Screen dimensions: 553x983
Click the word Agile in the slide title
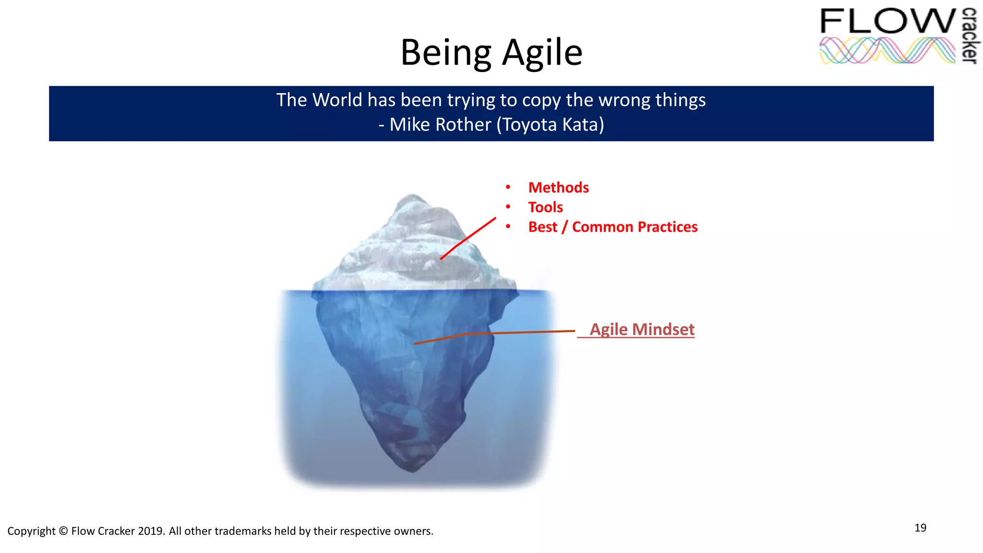(x=542, y=53)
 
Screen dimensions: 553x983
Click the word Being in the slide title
(x=446, y=53)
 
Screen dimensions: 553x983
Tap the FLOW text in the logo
(x=888, y=22)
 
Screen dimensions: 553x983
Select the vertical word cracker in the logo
(x=970, y=36)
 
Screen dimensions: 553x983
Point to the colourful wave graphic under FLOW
(x=887, y=51)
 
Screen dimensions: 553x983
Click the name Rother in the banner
(x=463, y=125)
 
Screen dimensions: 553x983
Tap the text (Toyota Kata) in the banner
(x=550, y=125)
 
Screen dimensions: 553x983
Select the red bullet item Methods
(x=558, y=188)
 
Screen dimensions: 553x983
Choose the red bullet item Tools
(x=545, y=207)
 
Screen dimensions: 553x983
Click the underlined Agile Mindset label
(x=642, y=329)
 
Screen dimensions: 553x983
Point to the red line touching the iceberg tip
(x=468, y=238)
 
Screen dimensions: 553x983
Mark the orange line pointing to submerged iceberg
(x=494, y=333)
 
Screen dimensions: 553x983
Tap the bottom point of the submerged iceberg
(x=412, y=470)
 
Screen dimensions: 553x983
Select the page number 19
(x=920, y=528)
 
